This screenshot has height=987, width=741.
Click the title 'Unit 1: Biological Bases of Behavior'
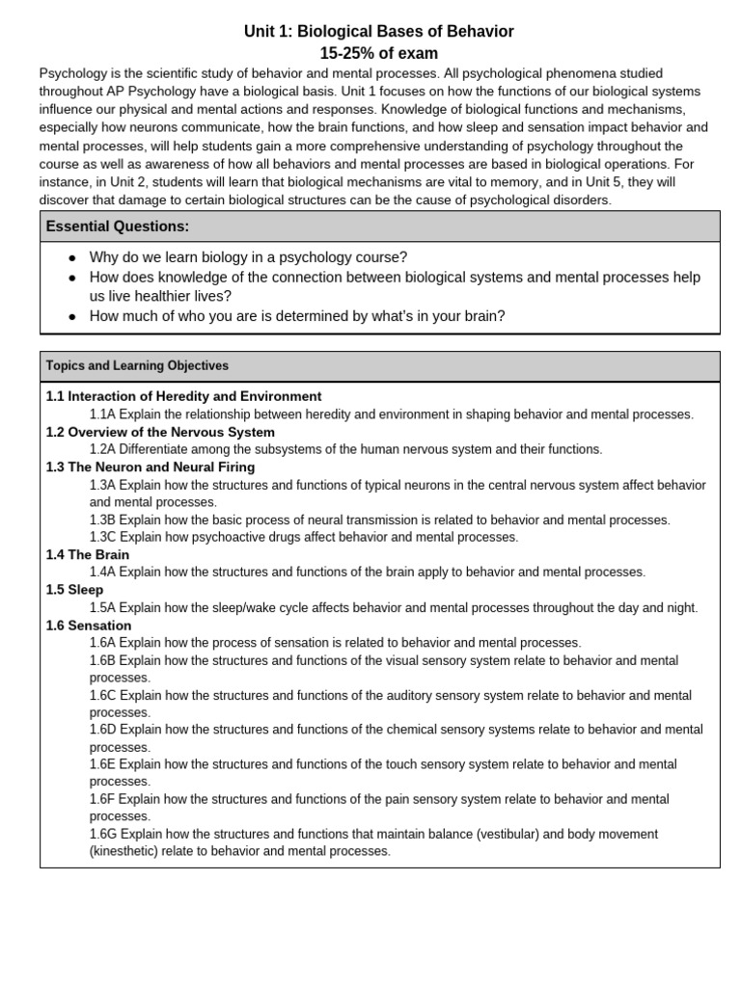[378, 32]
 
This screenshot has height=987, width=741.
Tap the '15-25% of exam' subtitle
[378, 53]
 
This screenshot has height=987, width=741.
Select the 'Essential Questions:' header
[118, 227]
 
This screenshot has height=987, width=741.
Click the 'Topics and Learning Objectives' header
[137, 366]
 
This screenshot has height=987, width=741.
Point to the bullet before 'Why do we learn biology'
[71, 258]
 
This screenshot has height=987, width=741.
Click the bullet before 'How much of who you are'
[71, 316]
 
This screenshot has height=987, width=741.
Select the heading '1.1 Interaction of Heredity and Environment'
[183, 396]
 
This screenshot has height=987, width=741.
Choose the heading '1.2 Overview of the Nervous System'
[160, 432]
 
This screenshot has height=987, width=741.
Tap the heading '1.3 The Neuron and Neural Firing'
[151, 467]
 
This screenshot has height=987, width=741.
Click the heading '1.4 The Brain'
[88, 555]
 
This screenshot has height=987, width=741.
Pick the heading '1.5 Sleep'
[74, 590]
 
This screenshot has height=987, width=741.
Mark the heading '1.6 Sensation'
[89, 626]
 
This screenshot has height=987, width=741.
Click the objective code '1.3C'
[103, 537]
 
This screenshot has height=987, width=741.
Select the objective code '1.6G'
[104, 834]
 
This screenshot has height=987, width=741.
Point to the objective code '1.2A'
[103, 449]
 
